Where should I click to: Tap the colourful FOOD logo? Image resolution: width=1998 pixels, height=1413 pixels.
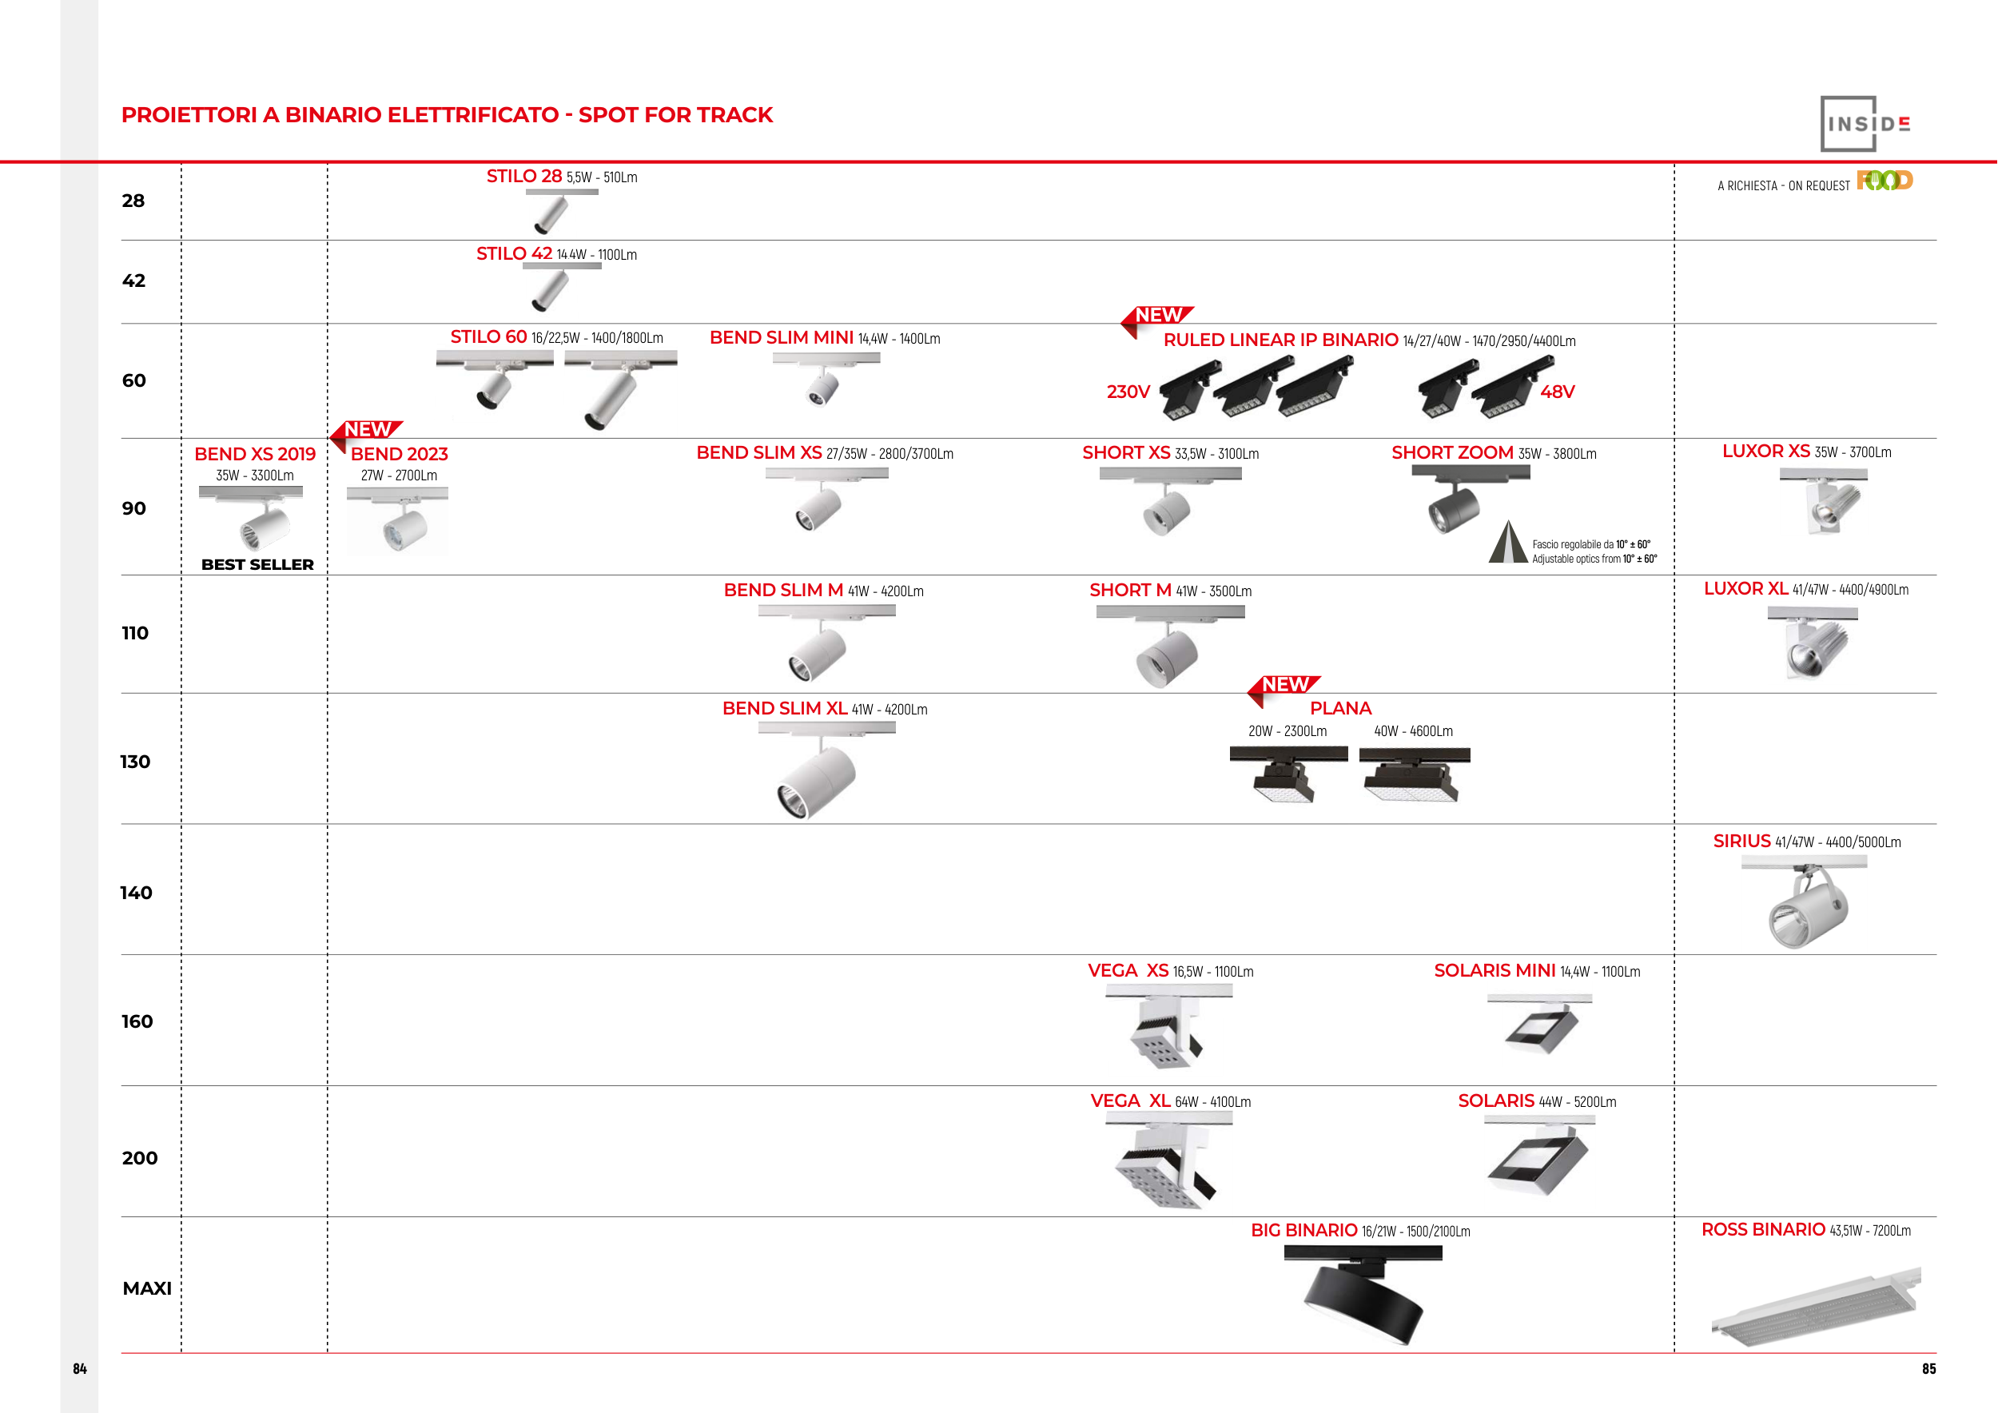click(x=1884, y=180)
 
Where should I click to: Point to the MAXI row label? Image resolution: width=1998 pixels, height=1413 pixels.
click(x=147, y=1288)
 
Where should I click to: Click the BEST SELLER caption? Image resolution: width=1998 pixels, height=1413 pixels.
click(x=257, y=565)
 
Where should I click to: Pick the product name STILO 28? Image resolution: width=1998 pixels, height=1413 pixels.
click(x=523, y=177)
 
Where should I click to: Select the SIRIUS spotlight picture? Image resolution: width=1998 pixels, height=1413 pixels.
click(x=1805, y=905)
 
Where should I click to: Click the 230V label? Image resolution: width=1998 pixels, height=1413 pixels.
click(x=1128, y=392)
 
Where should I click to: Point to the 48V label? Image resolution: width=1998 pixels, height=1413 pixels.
click(x=1557, y=392)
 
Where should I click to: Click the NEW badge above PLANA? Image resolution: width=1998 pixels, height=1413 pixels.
click(x=1285, y=686)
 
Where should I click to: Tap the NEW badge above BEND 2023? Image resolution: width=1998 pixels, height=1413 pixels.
click(x=368, y=430)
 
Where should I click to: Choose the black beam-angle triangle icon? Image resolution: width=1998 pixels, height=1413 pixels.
click(x=1508, y=543)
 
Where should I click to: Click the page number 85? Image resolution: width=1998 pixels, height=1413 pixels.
click(x=1928, y=1368)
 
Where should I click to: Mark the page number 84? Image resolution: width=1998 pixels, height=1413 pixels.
click(x=80, y=1368)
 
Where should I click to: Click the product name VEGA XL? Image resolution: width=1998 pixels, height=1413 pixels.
click(x=1130, y=1101)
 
